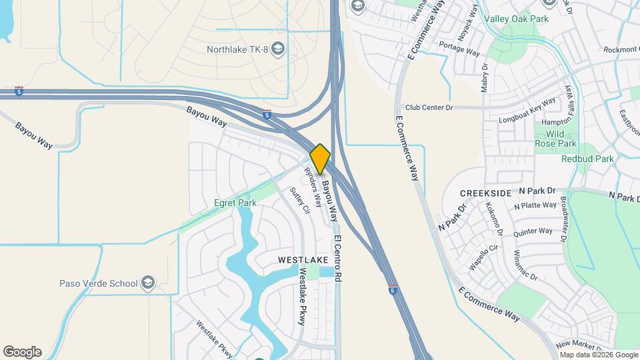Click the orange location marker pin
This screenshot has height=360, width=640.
(x=320, y=159)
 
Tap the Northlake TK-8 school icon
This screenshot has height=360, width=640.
(x=278, y=49)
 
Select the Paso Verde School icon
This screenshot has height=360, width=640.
(x=148, y=283)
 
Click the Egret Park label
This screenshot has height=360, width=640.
(x=235, y=203)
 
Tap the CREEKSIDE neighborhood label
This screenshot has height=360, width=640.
(x=486, y=193)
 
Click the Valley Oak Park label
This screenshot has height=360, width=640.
(x=516, y=19)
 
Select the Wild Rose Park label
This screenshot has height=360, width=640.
(x=555, y=139)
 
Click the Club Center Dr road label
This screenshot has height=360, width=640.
(x=429, y=107)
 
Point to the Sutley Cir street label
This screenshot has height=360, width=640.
(x=299, y=201)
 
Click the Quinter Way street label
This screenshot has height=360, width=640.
(x=533, y=231)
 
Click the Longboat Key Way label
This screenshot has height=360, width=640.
(x=527, y=111)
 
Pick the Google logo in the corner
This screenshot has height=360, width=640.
(x=22, y=352)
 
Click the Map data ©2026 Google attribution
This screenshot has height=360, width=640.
(x=598, y=355)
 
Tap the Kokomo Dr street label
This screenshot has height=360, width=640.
(x=497, y=219)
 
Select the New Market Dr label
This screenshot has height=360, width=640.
(x=579, y=347)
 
